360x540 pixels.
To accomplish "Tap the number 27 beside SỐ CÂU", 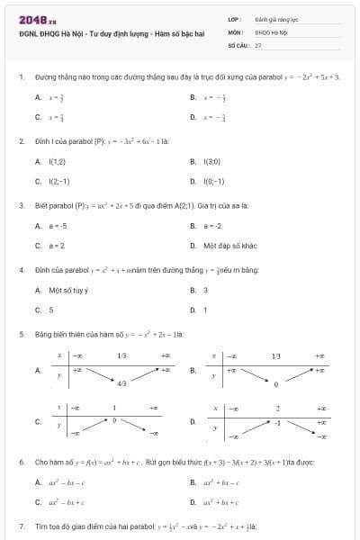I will [x=258, y=43].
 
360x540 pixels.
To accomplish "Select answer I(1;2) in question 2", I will [x=58, y=161].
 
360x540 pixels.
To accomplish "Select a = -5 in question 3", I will [x=58, y=225].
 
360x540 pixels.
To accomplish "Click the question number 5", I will [x=21, y=334].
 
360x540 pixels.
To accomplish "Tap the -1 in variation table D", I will [x=278, y=421].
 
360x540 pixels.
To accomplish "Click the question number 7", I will [x=21, y=526].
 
